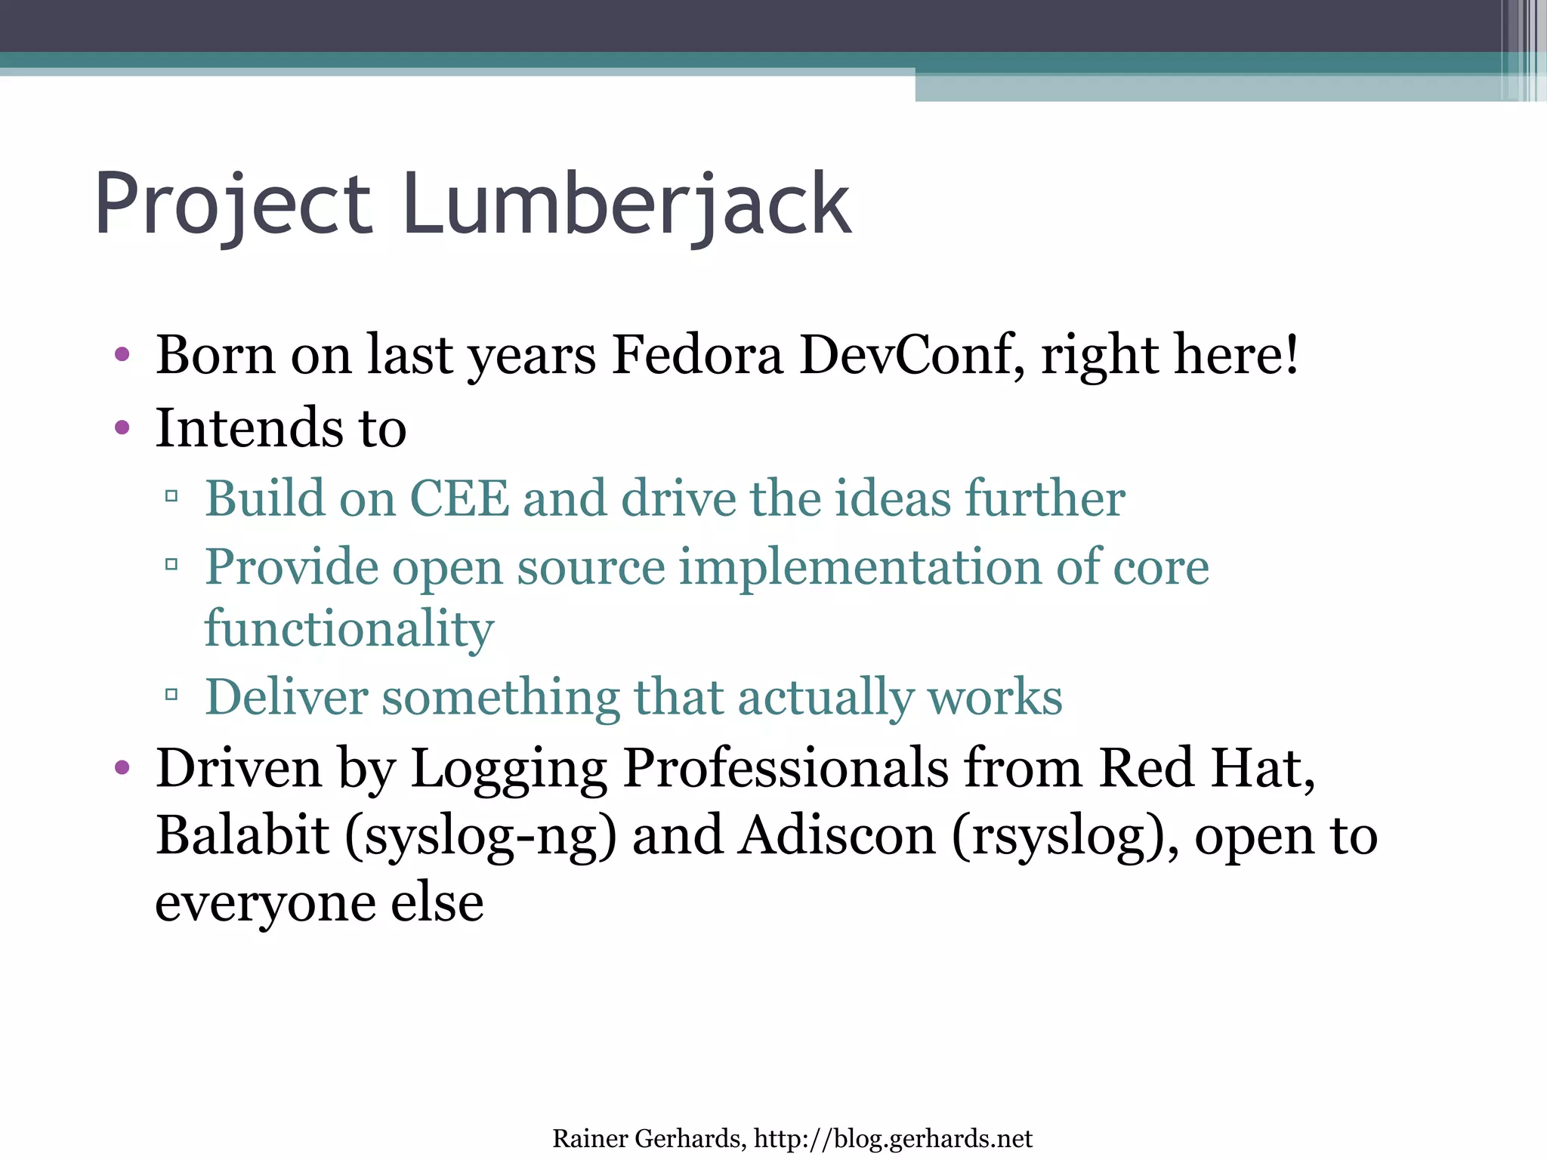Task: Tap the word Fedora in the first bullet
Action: tap(697, 355)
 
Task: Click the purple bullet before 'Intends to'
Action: tap(122, 428)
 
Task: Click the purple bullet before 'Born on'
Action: tap(122, 354)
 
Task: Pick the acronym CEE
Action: tap(459, 498)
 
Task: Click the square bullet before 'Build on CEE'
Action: tap(171, 496)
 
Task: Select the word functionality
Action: tap(349, 628)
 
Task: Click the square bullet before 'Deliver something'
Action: tap(171, 694)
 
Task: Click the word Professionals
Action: tap(786, 768)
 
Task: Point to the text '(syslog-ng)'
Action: tap(480, 836)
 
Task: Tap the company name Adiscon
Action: tap(837, 836)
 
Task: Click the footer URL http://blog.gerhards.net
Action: tap(893, 1138)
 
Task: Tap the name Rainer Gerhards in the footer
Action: tap(648, 1138)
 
